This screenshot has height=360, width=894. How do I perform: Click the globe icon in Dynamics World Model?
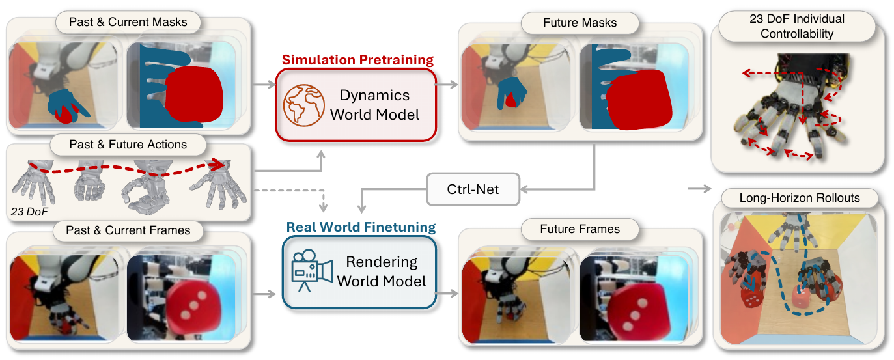click(303, 105)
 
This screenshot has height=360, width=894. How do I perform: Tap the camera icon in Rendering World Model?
click(312, 271)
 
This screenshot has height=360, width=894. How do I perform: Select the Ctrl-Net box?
click(473, 189)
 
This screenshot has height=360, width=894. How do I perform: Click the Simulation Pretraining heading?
click(357, 60)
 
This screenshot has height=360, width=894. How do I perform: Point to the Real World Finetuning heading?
click(361, 227)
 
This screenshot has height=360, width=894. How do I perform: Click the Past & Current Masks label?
click(128, 22)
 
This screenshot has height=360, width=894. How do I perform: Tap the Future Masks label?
click(580, 23)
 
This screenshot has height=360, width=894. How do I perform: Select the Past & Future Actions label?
click(128, 144)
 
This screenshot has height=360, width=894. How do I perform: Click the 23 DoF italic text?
click(29, 212)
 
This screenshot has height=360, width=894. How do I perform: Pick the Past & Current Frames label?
click(128, 230)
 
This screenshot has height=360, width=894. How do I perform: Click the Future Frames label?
click(580, 229)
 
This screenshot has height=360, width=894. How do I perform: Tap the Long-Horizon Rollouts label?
click(800, 198)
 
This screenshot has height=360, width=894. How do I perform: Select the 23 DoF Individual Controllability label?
click(796, 26)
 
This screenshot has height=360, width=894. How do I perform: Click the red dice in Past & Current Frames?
click(194, 307)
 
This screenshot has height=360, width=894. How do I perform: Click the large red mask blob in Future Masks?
click(639, 100)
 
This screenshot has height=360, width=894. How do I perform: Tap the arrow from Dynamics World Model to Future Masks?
click(447, 85)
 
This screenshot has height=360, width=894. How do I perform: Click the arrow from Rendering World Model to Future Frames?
click(447, 294)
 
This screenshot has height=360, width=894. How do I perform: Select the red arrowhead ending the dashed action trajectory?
click(217, 165)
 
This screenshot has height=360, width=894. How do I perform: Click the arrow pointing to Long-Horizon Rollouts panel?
click(699, 188)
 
